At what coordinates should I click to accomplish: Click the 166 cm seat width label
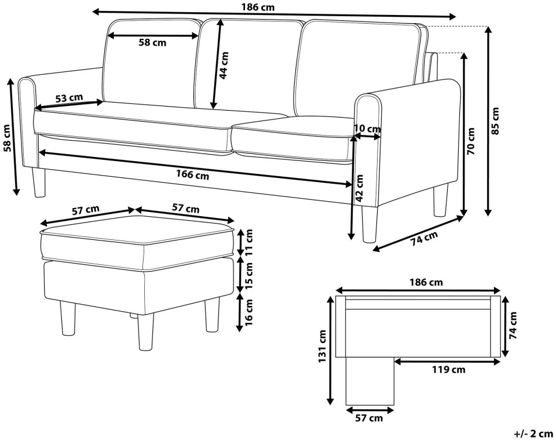[192, 174]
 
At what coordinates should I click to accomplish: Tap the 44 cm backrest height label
[224, 65]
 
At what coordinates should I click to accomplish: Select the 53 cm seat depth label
[69, 98]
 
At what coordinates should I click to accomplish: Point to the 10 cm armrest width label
[367, 128]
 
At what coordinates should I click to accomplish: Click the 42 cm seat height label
[359, 188]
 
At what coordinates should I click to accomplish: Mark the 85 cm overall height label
[495, 121]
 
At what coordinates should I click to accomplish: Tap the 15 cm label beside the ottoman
[249, 275]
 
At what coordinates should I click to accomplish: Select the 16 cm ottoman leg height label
[249, 312]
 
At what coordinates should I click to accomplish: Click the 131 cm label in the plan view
[322, 347]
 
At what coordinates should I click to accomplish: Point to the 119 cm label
[448, 370]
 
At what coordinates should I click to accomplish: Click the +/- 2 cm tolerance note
[533, 433]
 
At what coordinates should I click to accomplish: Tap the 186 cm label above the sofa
[258, 7]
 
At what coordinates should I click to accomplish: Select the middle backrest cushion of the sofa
[248, 65]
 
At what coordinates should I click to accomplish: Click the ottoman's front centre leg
[145, 333]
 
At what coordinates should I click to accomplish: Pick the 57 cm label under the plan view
[369, 418]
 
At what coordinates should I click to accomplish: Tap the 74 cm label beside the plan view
[513, 326]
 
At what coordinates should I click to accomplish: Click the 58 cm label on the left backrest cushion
[152, 42]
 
